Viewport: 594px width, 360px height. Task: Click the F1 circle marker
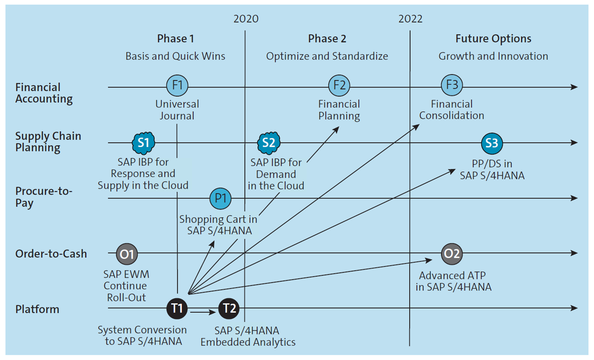coord(177,85)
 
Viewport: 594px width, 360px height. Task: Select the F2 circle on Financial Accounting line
coord(339,85)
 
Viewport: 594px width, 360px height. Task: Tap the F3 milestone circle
coord(452,85)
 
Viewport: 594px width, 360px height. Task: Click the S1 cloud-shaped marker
coord(143,143)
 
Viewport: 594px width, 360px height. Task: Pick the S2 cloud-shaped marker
coord(268,143)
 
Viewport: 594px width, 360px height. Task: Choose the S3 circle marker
coord(492,143)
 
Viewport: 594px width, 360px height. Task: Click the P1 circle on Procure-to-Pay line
coord(220,198)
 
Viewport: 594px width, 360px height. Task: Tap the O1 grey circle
coord(126,254)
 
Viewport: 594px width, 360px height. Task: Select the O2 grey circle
coord(452,254)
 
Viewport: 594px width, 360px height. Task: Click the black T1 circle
coord(177,308)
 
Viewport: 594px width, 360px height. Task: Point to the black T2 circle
coord(229,308)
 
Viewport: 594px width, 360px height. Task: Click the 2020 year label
coord(246,19)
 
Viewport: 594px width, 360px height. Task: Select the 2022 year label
coord(410,19)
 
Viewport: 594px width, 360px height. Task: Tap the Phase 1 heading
coord(175,39)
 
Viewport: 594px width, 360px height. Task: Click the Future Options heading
coord(493,39)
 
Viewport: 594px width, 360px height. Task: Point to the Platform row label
coord(37,309)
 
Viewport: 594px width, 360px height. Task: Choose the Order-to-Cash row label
coord(51,254)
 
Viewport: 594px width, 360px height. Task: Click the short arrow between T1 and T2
coord(203,312)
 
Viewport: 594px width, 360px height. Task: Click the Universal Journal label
coord(177,110)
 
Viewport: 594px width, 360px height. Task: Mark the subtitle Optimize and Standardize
coord(327,56)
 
